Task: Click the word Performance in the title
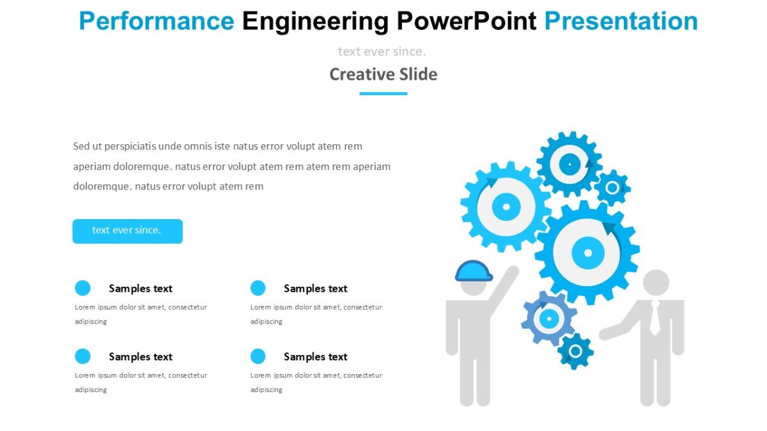(156, 21)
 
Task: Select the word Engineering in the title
(314, 21)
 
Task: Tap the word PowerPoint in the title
(466, 21)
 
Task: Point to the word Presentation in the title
(621, 21)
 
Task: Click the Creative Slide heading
(383, 74)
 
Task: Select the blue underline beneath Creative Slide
(383, 93)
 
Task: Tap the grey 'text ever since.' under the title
(382, 51)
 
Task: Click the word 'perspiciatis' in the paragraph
(125, 146)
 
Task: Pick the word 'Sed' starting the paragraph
(81, 146)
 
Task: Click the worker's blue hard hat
(474, 271)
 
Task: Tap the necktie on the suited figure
(655, 317)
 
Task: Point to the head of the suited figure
(655, 282)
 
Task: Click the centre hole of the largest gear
(588, 253)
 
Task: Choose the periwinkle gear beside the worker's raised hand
(548, 317)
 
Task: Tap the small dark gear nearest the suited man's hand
(575, 351)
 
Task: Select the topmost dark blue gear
(569, 164)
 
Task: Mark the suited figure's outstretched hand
(605, 333)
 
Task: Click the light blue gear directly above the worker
(506, 206)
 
